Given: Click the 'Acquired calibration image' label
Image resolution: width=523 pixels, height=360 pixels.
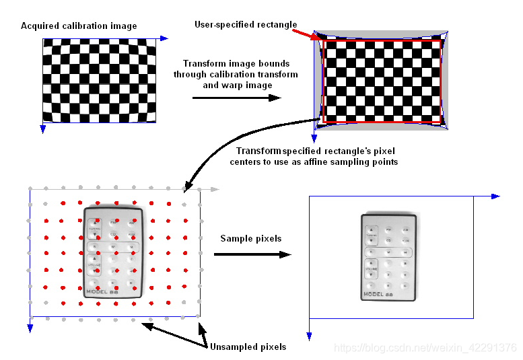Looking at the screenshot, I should click(x=79, y=26).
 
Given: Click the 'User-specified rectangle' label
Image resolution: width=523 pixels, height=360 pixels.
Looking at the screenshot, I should click(x=246, y=25).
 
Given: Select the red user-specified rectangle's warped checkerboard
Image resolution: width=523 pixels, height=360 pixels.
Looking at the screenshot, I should click(x=382, y=81).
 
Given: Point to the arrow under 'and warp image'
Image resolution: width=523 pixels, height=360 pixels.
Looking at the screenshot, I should click(x=236, y=98).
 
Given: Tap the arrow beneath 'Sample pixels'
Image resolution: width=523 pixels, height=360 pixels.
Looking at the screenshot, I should click(x=252, y=254).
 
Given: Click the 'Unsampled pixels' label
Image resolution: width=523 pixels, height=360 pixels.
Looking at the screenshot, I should click(x=248, y=347).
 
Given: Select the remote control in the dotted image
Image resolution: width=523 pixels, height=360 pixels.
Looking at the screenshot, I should click(x=114, y=253).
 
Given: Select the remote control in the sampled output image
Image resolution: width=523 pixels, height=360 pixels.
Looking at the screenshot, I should click(x=388, y=256).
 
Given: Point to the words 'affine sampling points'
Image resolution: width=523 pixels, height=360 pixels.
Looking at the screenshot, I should click(x=359, y=162).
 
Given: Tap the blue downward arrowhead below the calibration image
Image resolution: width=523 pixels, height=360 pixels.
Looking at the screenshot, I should click(x=43, y=129).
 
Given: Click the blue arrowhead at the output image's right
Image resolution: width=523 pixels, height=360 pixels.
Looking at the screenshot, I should click(x=495, y=196).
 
